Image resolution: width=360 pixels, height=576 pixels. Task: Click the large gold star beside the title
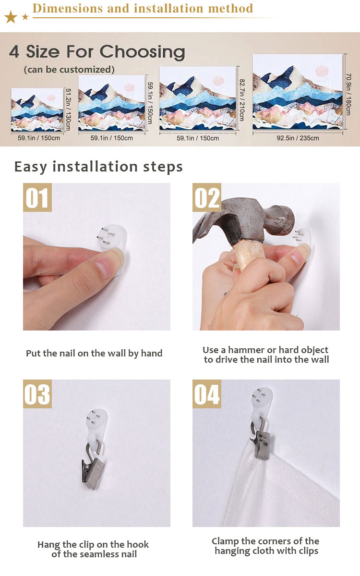(11, 16)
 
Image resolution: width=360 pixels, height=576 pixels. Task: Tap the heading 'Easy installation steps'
(98, 167)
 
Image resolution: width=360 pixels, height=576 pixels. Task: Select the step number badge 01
(37, 197)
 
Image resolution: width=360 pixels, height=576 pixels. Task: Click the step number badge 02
(206, 197)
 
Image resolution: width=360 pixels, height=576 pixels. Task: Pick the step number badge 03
(37, 394)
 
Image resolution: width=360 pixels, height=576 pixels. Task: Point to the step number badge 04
(206, 394)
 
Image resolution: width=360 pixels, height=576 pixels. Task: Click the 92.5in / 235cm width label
(298, 138)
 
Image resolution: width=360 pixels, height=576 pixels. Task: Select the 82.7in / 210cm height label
(242, 100)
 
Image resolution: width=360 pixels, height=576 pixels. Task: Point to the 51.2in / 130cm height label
(68, 109)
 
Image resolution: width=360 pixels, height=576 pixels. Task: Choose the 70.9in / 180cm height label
(348, 94)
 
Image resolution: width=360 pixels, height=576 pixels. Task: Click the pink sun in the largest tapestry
(322, 71)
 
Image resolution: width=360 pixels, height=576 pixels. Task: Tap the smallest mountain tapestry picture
(37, 110)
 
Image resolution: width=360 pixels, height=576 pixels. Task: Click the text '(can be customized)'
(69, 70)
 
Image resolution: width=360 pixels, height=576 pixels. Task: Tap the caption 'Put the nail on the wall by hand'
(94, 354)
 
